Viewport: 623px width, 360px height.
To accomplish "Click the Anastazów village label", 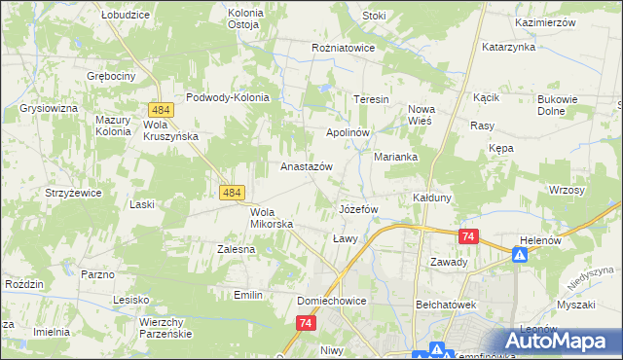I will click(x=307, y=166).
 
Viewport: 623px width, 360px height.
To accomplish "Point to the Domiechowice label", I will click(x=332, y=302).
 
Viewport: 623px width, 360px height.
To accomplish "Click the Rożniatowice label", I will click(x=344, y=46).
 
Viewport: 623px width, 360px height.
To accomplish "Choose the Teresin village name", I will click(x=371, y=100).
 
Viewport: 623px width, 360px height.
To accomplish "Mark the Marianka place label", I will click(x=396, y=157).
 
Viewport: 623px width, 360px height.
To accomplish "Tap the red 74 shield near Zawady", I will click(x=469, y=236).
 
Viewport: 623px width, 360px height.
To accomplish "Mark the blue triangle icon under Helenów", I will click(x=521, y=255).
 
